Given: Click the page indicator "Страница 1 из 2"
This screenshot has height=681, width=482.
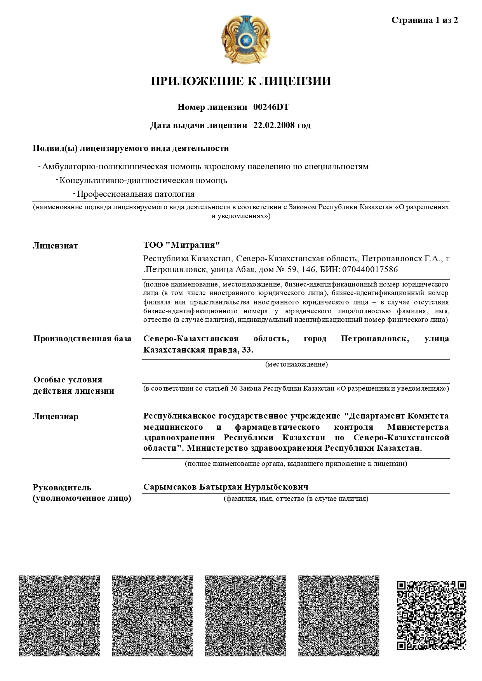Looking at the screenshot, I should [425, 20].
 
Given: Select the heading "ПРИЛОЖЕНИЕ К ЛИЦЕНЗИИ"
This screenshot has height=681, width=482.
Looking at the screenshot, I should [241, 81].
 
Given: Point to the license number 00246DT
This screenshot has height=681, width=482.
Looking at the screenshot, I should [271, 107].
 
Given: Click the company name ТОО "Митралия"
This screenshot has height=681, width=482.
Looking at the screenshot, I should [181, 245].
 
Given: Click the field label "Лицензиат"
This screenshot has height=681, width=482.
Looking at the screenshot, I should [55, 246].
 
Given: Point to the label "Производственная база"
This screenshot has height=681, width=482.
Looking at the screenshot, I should [82, 339].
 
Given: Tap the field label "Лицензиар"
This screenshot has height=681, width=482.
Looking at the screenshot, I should [56, 417].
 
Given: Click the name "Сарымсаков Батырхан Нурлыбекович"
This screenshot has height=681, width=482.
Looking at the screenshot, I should [226, 487].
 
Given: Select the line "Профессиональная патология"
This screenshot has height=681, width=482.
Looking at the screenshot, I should [136, 194].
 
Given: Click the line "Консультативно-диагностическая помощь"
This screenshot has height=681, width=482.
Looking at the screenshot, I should [143, 181].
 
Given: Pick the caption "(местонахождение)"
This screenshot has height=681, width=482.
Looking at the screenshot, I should [296, 364].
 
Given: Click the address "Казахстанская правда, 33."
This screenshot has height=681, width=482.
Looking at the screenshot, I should [198, 350].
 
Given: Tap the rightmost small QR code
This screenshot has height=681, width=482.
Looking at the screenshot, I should [431, 615].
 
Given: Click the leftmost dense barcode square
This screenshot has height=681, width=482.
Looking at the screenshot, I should [59, 616].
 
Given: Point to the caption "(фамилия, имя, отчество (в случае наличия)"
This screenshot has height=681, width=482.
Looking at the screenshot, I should [296, 499].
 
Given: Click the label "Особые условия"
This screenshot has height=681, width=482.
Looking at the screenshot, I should [68, 380].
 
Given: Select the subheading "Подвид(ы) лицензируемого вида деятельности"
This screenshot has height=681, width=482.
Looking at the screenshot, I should [131, 148].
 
